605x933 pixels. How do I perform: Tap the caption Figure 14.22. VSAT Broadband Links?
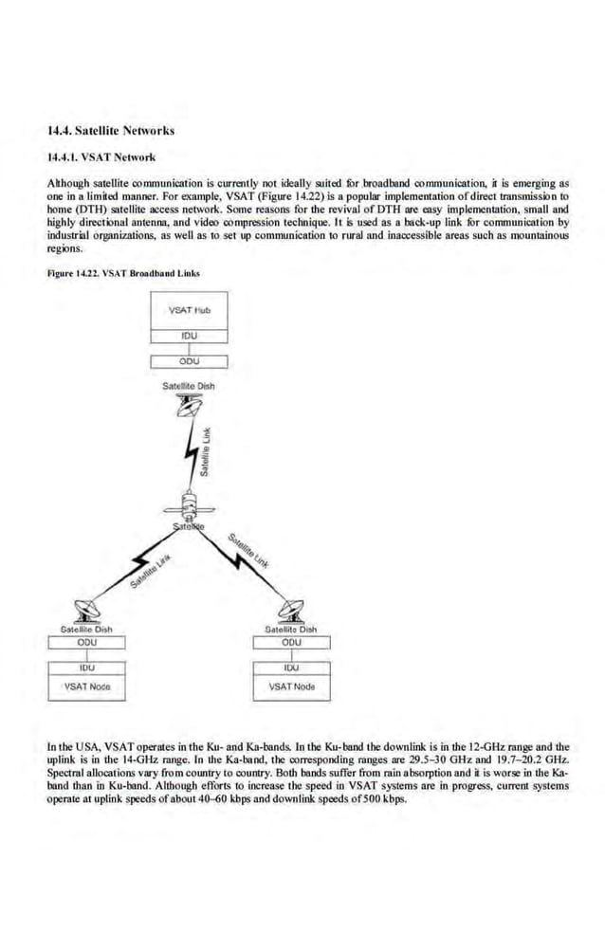click(123, 273)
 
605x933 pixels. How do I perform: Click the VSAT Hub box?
click(189, 310)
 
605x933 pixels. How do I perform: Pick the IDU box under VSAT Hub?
click(189, 335)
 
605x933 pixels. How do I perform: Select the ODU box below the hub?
click(189, 360)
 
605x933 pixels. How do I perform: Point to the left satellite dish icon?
click(85, 610)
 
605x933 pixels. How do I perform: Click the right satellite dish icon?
click(290, 610)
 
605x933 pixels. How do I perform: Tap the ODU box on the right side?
click(291, 642)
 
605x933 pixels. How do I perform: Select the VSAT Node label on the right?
click(291, 686)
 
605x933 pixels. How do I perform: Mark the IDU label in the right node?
click(291, 668)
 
